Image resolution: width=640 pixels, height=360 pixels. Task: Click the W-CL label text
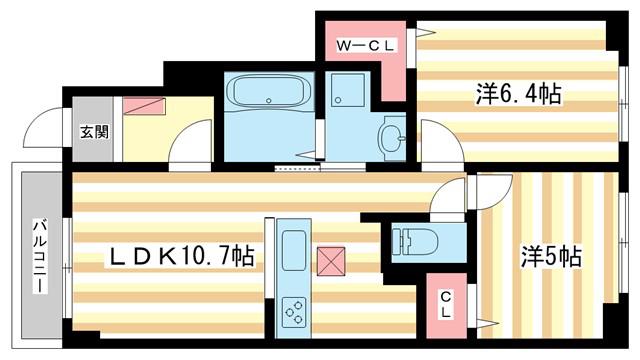click(x=365, y=45)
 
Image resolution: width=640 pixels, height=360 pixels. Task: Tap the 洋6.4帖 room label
click(x=518, y=94)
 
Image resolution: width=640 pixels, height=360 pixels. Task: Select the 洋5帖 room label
click(x=551, y=257)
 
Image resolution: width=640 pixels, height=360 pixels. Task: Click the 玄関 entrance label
click(x=94, y=131)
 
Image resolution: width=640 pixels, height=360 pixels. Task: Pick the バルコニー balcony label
click(x=40, y=256)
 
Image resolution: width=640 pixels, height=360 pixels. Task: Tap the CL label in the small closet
click(x=446, y=305)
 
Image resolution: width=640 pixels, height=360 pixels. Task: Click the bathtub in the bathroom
click(x=268, y=91)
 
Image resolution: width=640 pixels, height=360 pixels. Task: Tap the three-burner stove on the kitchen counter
click(x=294, y=312)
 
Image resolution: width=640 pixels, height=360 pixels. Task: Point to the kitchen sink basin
click(x=294, y=250)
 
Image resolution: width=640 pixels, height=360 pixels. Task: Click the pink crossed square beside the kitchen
click(x=331, y=261)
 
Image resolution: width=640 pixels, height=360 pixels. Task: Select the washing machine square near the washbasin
click(x=348, y=90)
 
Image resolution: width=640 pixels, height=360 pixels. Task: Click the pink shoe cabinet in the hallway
click(x=144, y=105)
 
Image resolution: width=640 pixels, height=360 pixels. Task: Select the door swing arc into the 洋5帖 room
click(x=497, y=196)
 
